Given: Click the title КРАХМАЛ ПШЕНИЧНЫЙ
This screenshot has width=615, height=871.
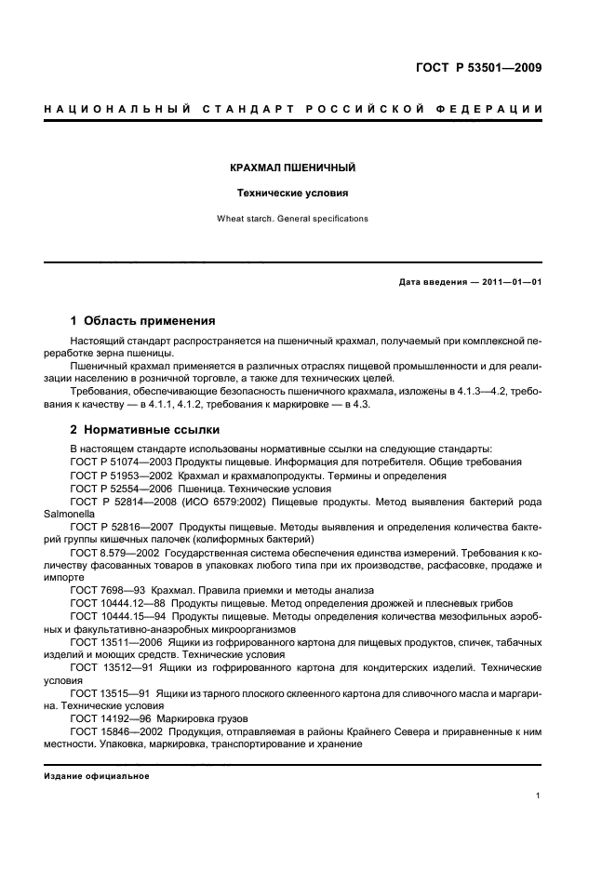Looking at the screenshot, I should point(293,168).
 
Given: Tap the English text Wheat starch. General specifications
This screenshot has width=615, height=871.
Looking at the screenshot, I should point(293,220).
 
